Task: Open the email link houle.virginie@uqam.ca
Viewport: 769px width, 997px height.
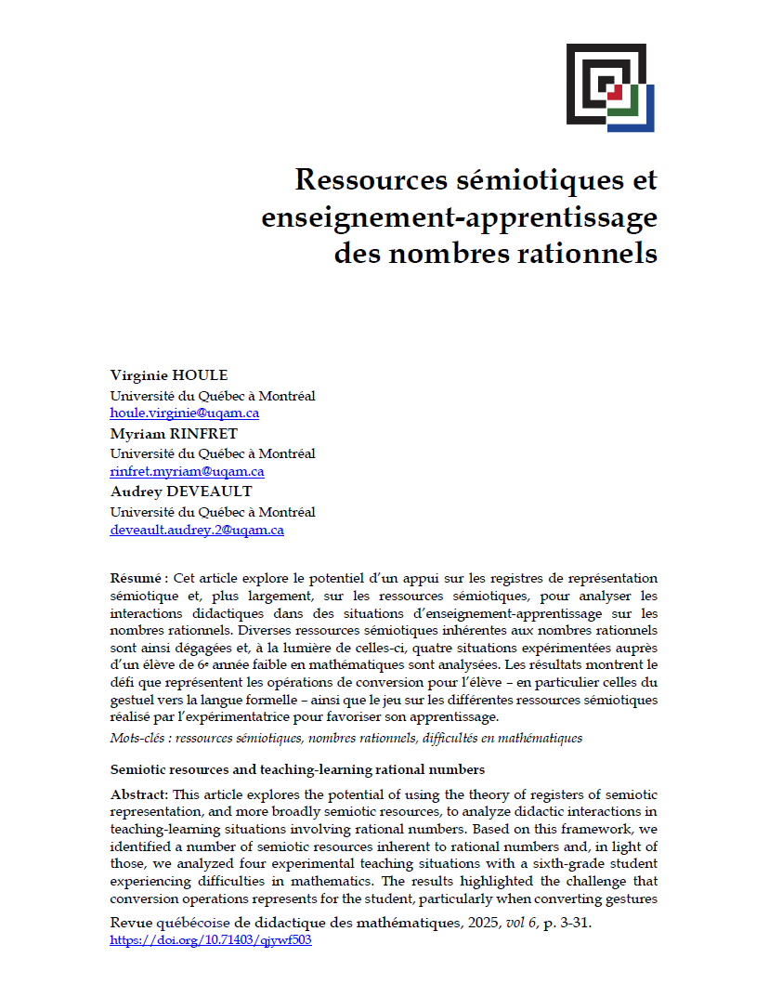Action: point(184,413)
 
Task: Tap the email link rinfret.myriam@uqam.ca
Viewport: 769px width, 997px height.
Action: point(187,471)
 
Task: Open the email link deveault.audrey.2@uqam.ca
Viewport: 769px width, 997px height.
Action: point(197,530)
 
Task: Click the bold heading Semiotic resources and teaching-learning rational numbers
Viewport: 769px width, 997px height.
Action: point(297,769)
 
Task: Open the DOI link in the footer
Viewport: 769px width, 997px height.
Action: point(210,939)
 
